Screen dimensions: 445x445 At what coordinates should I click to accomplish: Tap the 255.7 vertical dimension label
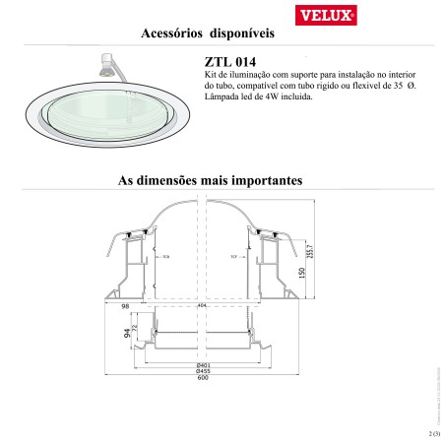tap(311, 251)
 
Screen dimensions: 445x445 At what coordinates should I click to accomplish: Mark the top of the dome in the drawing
tap(202, 199)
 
